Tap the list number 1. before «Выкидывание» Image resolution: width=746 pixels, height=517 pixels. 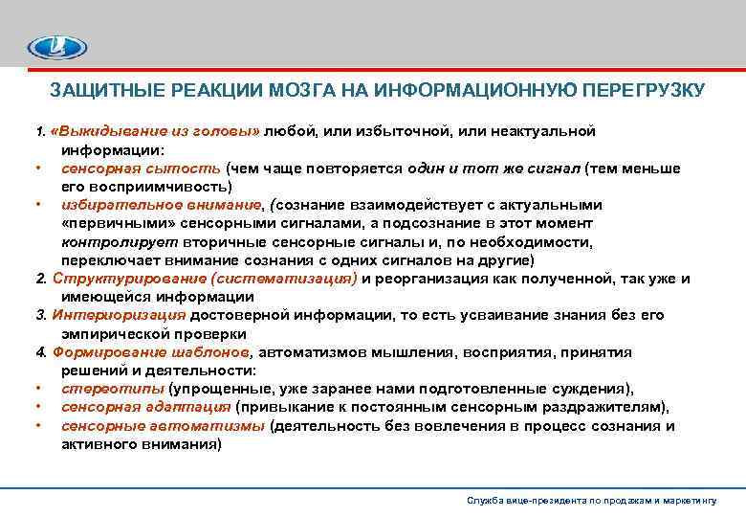(x=40, y=131)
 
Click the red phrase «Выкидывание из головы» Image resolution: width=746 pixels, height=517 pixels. (x=157, y=131)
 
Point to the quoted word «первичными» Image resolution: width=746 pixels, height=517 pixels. (x=105, y=223)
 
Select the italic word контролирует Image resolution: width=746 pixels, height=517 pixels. (x=108, y=241)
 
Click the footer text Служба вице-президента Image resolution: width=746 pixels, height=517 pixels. (x=521, y=501)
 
